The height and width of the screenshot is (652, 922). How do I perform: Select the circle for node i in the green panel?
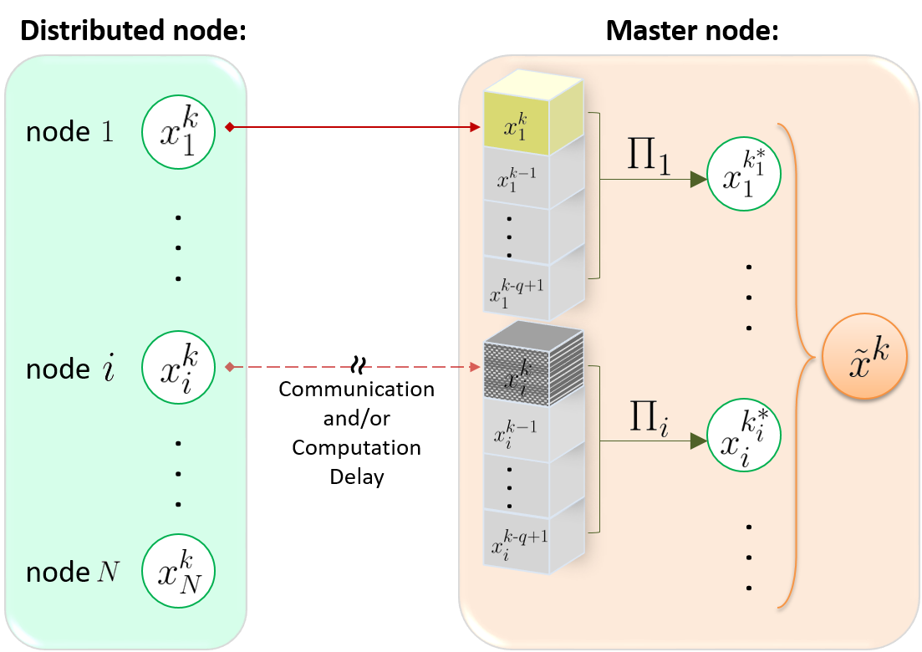179,368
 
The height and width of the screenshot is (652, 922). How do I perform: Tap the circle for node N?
179,573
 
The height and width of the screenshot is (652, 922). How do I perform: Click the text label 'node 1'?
70,132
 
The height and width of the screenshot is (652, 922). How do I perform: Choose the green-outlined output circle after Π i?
743,440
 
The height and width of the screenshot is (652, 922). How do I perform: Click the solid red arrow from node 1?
351,127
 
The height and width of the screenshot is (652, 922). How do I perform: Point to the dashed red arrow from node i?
351,367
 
